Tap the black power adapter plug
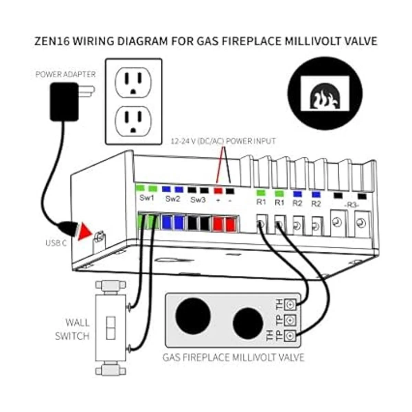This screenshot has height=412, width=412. (64, 102)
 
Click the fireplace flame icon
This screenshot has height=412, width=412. (325, 94)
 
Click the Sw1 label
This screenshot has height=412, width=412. (147, 199)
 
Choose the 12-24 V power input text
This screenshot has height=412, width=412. (223, 141)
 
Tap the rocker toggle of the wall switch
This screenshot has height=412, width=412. (111, 328)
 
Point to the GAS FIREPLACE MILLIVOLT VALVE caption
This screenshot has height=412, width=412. (233, 357)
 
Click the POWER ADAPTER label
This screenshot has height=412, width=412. (66, 74)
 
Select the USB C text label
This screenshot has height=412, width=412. (56, 243)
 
